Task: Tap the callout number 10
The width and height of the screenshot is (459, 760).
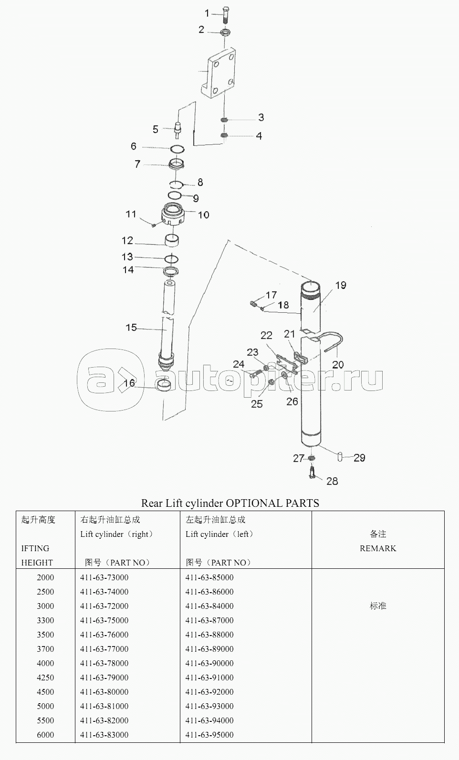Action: click(203, 215)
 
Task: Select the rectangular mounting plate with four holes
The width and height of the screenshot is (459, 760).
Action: click(218, 73)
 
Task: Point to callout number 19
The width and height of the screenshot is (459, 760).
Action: click(341, 285)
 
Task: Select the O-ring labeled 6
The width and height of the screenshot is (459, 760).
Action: click(177, 149)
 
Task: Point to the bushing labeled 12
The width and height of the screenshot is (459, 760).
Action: click(172, 240)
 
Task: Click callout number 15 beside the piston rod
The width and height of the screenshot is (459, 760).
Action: click(131, 328)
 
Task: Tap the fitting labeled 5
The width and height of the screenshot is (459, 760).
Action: click(177, 130)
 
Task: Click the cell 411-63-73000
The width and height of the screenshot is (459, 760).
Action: click(104, 577)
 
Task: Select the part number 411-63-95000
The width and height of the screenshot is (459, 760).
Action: click(209, 735)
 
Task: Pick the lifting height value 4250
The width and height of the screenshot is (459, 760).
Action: click(45, 678)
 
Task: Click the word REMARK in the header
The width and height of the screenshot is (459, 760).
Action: click(378, 548)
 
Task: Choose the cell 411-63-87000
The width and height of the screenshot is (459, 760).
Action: click(209, 620)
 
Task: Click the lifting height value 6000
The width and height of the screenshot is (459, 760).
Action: click(45, 735)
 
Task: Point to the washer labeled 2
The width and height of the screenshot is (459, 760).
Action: click(225, 33)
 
